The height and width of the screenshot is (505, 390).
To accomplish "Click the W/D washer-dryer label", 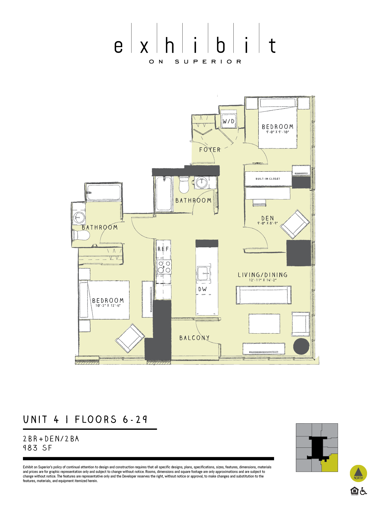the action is click(228, 121).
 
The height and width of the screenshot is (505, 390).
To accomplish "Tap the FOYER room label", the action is click(210, 150).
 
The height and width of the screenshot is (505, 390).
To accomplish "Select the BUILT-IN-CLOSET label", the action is click(268, 179).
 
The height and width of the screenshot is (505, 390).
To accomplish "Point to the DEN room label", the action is click(268, 218).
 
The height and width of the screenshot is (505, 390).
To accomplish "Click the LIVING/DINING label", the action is click(263, 275).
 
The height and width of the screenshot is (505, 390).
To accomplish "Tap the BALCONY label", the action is click(195, 338).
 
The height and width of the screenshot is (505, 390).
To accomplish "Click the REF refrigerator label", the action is click(163, 249).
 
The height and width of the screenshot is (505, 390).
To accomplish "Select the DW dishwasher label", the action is click(202, 289).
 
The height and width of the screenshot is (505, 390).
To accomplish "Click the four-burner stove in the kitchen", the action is click(164, 267).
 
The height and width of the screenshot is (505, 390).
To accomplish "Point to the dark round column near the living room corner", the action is click(301, 346).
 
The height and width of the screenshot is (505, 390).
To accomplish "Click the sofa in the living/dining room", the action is click(264, 295).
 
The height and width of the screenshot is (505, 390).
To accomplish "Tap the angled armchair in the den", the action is click(295, 224).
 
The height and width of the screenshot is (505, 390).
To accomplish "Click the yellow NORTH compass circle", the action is click(358, 473).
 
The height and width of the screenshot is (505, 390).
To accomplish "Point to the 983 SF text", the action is click(37, 448).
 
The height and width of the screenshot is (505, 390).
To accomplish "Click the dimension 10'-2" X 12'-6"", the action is click(108, 306).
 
